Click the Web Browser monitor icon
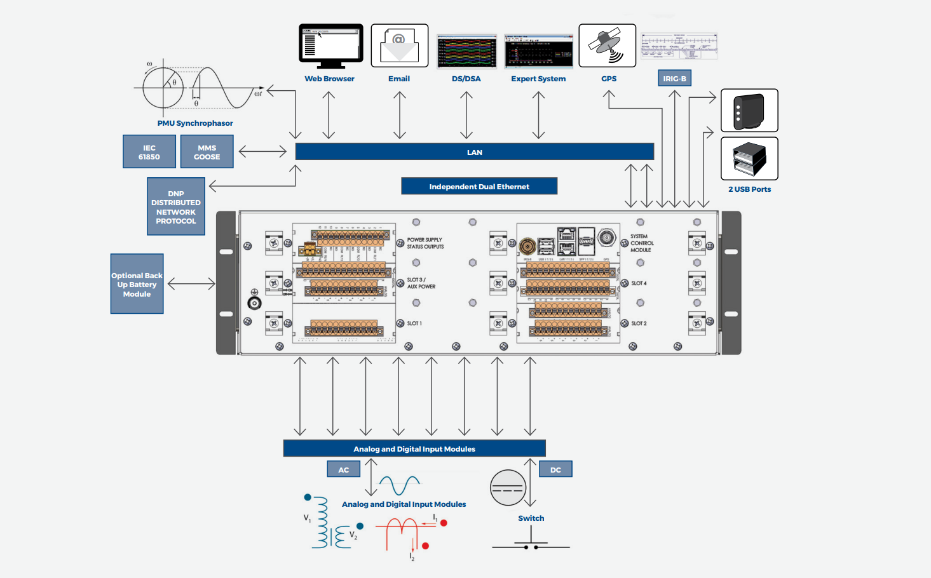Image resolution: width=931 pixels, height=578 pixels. click(x=330, y=46)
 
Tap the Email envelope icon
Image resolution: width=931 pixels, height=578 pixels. click(x=399, y=45)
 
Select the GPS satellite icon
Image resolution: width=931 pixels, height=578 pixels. click(x=607, y=45)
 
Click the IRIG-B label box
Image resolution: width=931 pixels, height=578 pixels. click(x=674, y=78)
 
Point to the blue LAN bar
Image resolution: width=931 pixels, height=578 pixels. click(x=474, y=152)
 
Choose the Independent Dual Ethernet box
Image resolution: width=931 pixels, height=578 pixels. click(x=479, y=186)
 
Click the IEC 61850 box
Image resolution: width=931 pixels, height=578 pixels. click(x=149, y=152)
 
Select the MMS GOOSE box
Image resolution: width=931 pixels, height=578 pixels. click(x=207, y=152)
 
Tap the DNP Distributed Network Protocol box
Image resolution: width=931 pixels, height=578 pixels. click(x=176, y=207)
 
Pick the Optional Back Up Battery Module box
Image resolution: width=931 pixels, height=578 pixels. click(x=137, y=284)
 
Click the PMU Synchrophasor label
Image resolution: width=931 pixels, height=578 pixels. click(x=195, y=123)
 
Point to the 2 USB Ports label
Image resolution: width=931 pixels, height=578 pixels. click(x=749, y=189)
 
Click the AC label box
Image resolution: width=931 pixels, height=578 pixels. click(x=343, y=469)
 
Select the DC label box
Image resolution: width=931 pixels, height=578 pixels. click(x=555, y=469)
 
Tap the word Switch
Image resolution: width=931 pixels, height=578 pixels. click(x=531, y=518)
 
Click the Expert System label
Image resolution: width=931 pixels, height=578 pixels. click(x=538, y=79)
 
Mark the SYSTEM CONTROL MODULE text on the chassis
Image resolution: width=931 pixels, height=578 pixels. click(x=641, y=243)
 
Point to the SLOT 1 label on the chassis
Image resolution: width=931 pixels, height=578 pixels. click(x=414, y=323)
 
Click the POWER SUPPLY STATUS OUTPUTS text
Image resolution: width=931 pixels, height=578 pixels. click(x=425, y=243)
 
